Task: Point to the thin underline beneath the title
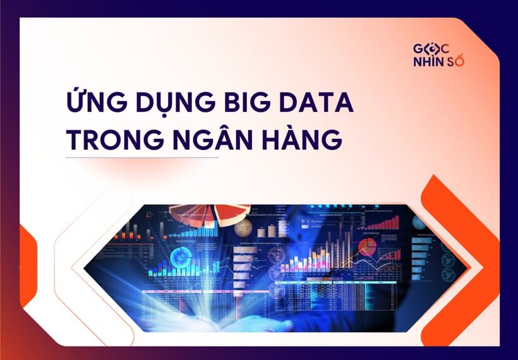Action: click(142, 157)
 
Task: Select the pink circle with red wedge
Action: click(368, 246)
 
